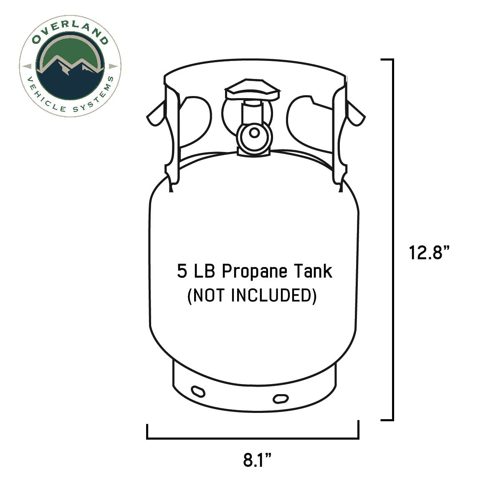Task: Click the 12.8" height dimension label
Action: pos(430,253)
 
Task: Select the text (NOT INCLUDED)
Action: pos(252,296)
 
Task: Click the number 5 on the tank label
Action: pos(182,271)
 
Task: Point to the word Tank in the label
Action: pos(314,271)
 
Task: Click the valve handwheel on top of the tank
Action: pos(253,90)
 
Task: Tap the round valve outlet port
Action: pos(253,133)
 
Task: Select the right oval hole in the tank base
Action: pos(280,398)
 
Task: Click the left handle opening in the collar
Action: pos(195,121)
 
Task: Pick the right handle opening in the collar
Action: pos(311,121)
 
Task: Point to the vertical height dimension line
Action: pos(392,240)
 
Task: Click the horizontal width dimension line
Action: pos(253,438)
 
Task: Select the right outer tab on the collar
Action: pos(356,114)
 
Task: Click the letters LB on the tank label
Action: pos(204,271)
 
